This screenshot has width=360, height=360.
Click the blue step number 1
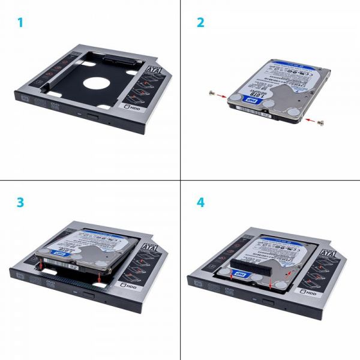coord(20,23)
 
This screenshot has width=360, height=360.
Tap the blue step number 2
coord(201,23)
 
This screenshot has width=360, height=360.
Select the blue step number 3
coord(20,202)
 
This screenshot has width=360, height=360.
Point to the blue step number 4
coord(201,202)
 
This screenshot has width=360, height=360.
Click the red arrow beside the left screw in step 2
coord(223,95)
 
